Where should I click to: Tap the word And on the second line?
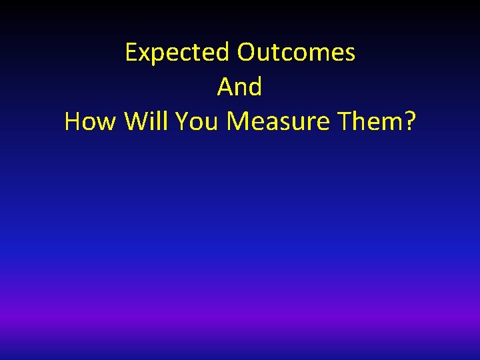pyautogui.click(x=239, y=87)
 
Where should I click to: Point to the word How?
pyautogui.click(x=91, y=122)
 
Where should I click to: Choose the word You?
pyautogui.click(x=199, y=122)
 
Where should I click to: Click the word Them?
pyautogui.click(x=369, y=122)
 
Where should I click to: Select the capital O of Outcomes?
pyautogui.click(x=247, y=53)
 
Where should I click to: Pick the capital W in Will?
pyautogui.click(x=136, y=122)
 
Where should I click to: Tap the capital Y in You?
pyautogui.click(x=183, y=122)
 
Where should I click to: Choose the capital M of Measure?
pyautogui.click(x=239, y=122)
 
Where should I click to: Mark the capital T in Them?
pyautogui.click(x=345, y=122)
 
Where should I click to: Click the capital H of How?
pyautogui.click(x=73, y=122)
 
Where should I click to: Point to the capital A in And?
pyautogui.click(x=225, y=87)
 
